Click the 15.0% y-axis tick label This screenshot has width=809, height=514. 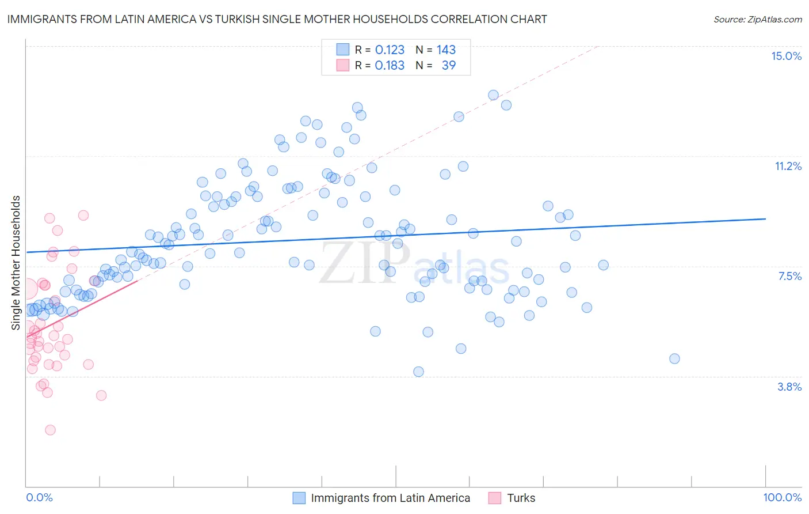click(x=786, y=56)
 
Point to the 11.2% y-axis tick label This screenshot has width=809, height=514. click(x=788, y=166)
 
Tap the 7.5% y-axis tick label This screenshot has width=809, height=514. click(x=789, y=276)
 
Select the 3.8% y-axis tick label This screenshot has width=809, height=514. click(x=789, y=387)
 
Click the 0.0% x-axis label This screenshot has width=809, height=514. click(x=39, y=497)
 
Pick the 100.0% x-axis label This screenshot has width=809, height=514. click(x=782, y=497)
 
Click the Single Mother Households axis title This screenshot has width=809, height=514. click(x=16, y=263)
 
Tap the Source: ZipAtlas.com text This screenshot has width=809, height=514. click(x=757, y=19)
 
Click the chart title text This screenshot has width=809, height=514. click(x=277, y=19)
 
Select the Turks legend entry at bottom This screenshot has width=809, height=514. click(x=521, y=498)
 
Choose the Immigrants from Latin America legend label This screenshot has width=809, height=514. click(x=390, y=498)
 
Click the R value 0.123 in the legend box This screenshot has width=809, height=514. click(x=390, y=50)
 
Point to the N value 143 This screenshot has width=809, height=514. click(x=446, y=50)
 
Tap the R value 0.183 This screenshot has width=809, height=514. click(x=390, y=65)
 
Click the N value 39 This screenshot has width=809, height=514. click(x=448, y=65)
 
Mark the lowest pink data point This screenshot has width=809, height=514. click(x=50, y=430)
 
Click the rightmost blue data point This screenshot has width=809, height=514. click(x=674, y=358)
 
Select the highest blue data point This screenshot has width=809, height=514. click(x=493, y=95)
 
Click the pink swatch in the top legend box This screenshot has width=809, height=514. click(x=343, y=65)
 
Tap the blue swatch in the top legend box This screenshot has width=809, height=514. click(x=343, y=50)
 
